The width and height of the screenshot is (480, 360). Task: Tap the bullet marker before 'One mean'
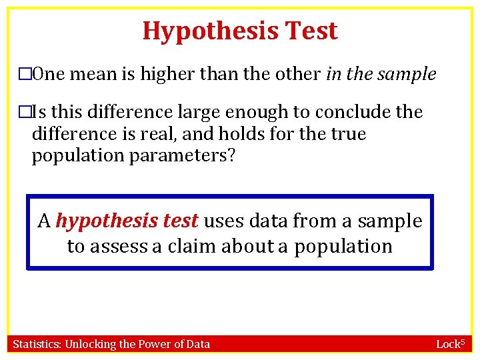25,75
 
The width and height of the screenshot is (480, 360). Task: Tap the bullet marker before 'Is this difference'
25,112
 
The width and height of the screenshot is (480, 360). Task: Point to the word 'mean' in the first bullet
93,75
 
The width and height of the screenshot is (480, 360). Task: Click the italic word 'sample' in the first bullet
407,75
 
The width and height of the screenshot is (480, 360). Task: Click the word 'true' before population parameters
349,134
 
